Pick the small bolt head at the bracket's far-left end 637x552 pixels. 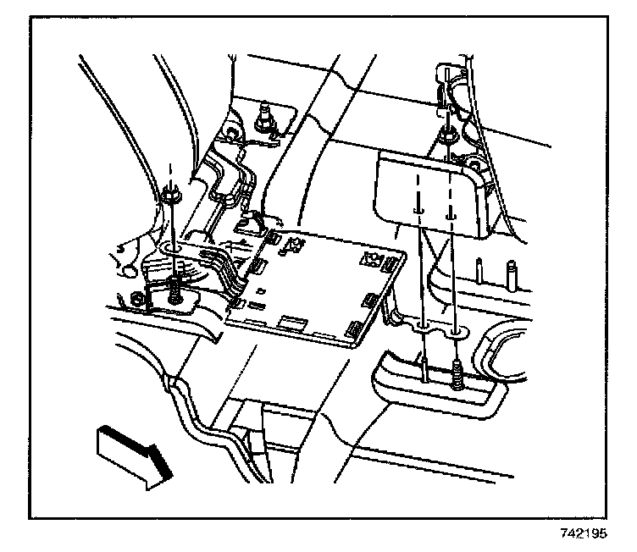click(x=137, y=299)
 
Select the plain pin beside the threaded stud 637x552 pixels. click(x=422, y=367)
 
